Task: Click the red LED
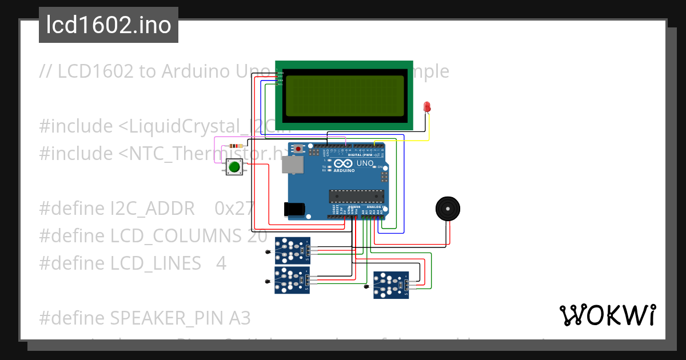click(426, 107)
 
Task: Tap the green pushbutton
click(234, 167)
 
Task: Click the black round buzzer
click(448, 209)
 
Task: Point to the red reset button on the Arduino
click(298, 149)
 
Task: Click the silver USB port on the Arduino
click(293, 165)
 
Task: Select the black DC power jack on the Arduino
click(295, 209)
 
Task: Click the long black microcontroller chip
click(355, 196)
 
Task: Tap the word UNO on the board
click(365, 163)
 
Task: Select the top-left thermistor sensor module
click(293, 250)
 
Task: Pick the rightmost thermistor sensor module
click(391, 285)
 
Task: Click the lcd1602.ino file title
click(109, 25)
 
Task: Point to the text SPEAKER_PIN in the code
click(171, 318)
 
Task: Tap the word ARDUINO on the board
click(344, 170)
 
